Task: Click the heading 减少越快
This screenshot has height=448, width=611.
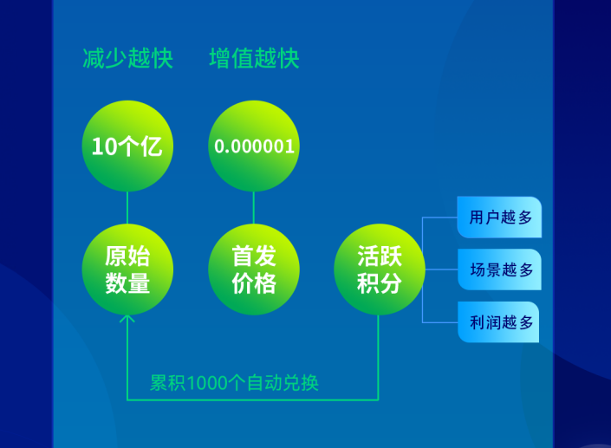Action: pos(127,59)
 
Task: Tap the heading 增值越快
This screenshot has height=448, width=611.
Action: pos(254,59)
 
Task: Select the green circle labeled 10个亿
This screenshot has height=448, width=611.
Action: pos(127,146)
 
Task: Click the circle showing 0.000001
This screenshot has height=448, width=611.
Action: pos(254,146)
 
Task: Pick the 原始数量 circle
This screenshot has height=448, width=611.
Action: pos(127,269)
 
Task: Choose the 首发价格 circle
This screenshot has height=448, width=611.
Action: pos(254,269)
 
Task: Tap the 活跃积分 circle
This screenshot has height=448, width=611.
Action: pos(380,269)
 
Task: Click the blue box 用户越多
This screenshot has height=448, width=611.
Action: pos(499,217)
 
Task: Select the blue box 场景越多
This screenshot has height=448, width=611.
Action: pos(499,269)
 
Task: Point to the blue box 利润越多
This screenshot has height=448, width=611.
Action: pos(499,322)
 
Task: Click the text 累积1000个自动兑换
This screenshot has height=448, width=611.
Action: pos(234,383)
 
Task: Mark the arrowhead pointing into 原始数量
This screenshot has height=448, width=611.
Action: pos(127,319)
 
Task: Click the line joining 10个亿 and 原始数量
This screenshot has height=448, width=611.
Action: pos(127,208)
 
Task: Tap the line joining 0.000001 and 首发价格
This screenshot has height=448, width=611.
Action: pos(254,208)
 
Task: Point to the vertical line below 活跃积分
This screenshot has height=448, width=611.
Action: pos(379,357)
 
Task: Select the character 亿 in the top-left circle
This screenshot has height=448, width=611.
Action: pos(151,146)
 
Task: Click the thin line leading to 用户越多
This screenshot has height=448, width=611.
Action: pos(440,218)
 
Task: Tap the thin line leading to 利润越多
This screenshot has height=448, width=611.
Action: pos(440,322)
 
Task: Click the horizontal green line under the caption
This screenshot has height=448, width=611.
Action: pos(252,399)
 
